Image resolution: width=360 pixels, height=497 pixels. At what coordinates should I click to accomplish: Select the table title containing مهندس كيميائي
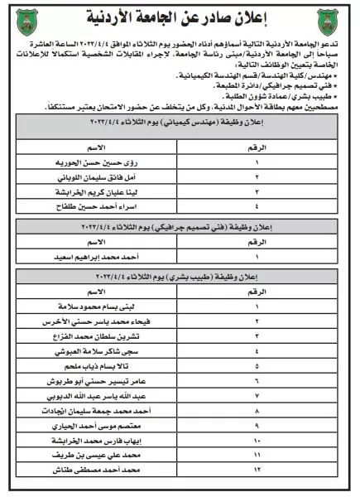point(179,120)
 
